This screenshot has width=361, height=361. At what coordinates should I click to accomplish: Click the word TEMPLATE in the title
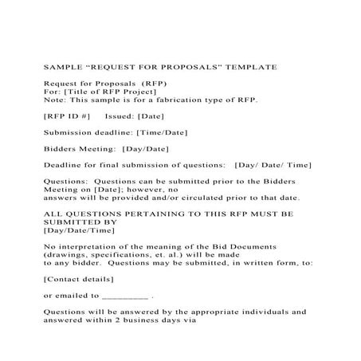pos(250,67)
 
